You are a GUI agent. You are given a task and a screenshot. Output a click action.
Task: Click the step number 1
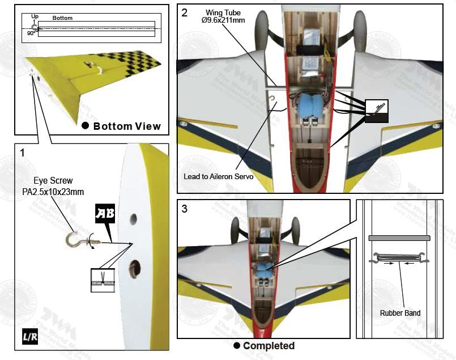23,153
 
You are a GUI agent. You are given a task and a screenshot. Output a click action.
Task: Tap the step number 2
185,13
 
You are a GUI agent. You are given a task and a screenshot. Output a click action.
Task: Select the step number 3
185,208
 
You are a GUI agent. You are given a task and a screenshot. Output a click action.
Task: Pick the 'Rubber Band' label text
400,312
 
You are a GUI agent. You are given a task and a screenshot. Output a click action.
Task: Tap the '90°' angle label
31,33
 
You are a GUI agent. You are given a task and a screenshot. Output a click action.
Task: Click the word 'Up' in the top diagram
35,16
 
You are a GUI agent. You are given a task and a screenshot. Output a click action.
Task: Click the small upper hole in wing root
133,217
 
